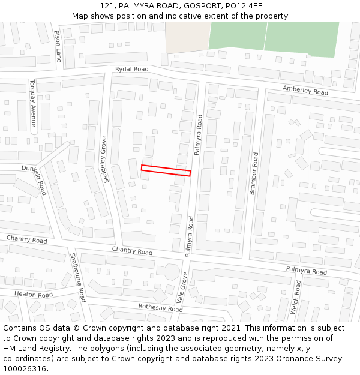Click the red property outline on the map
(166, 170)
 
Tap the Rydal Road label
(131, 70)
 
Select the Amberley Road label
(305, 91)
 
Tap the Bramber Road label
(254, 173)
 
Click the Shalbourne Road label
(78, 277)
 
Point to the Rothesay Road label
(160, 308)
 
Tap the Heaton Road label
(33, 295)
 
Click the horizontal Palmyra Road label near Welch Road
(306, 271)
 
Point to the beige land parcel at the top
(187, 37)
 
